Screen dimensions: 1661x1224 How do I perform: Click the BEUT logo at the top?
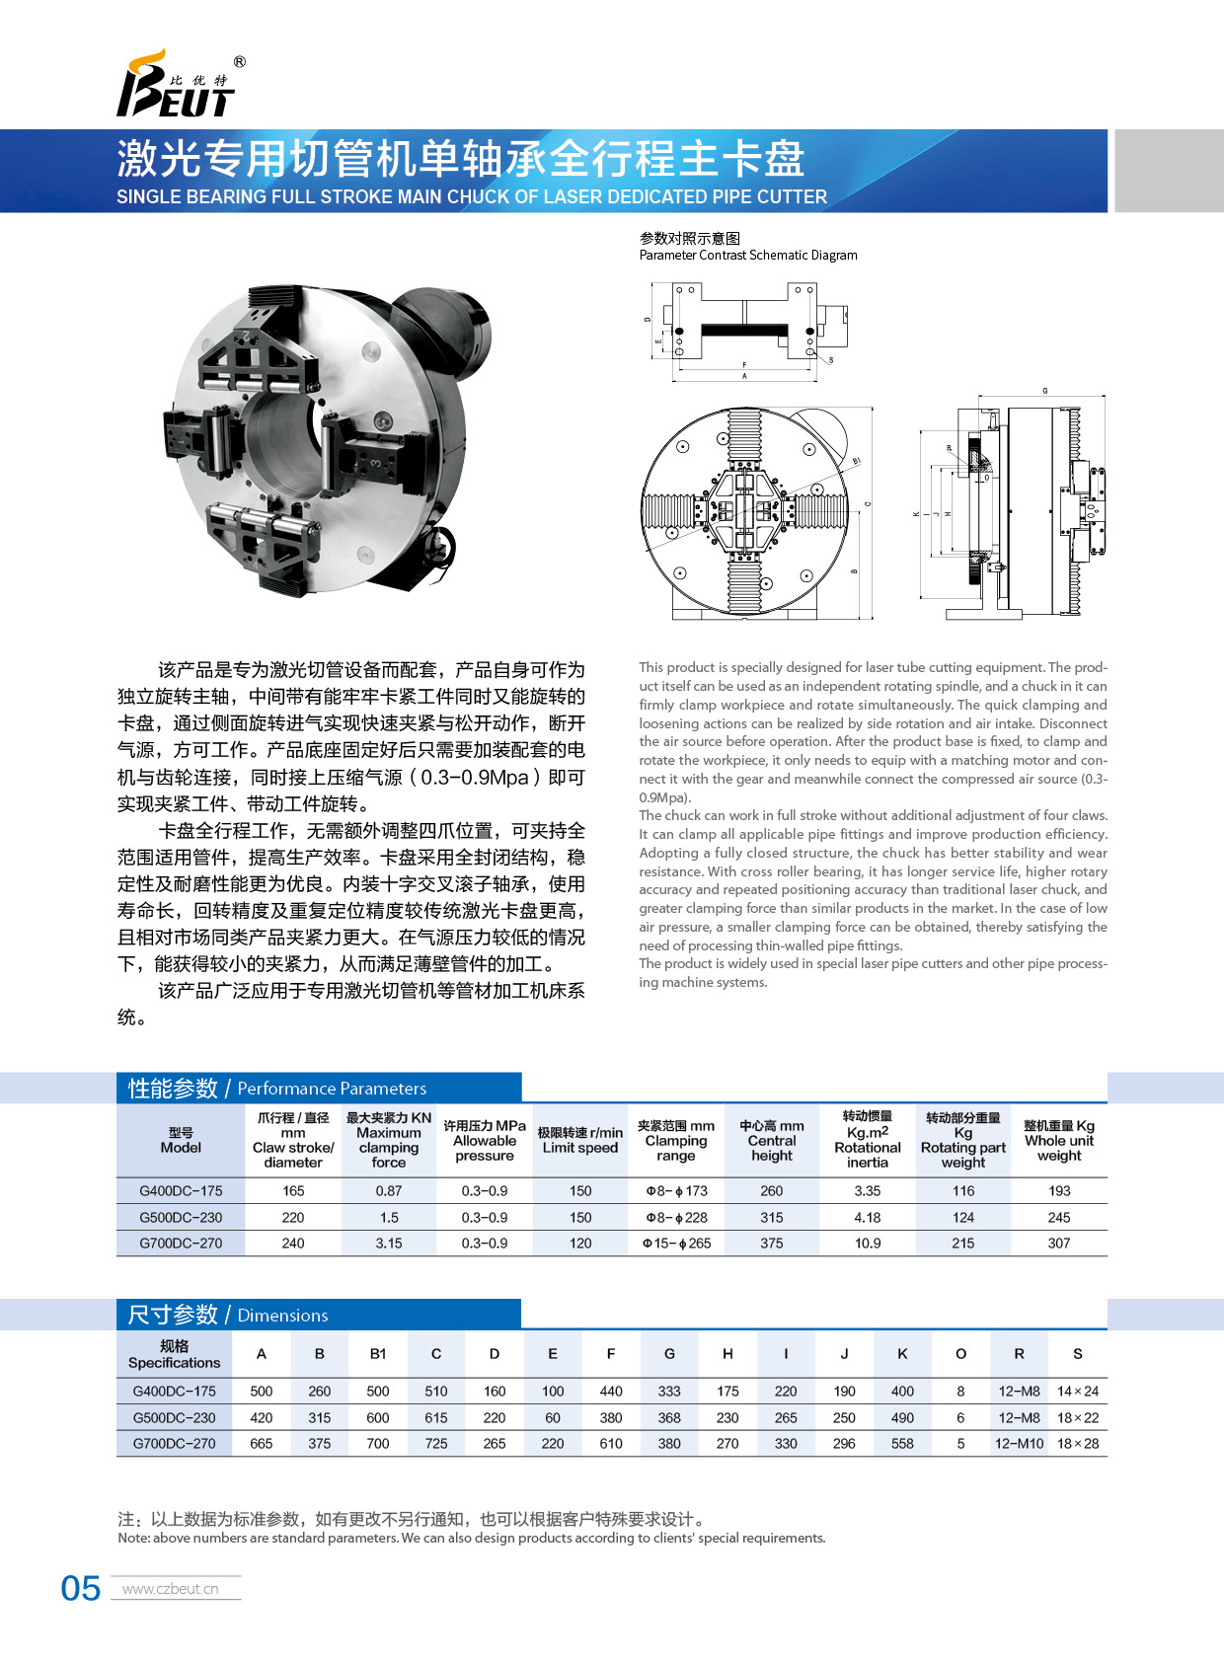pos(178,88)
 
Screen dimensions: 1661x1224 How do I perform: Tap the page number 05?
pos(80,1588)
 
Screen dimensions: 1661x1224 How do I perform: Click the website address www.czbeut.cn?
pos(170,1589)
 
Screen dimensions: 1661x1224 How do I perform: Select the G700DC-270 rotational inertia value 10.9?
pos(868,1244)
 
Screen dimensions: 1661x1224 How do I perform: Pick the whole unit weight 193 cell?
pos(1058,1191)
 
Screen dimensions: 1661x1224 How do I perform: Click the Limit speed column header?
pos(580,1140)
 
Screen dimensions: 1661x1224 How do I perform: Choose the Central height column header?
pos(772,1140)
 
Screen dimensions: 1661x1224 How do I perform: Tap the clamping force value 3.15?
pos(389,1244)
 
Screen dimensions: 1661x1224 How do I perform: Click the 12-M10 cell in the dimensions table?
pos(1019,1443)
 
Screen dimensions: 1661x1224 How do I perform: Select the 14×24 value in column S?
pos(1077,1392)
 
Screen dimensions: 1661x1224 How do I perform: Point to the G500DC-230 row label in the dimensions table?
pos(174,1418)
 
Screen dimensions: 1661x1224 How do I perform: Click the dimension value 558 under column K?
pos(902,1443)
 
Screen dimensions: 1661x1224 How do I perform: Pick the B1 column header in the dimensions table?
pos(378,1354)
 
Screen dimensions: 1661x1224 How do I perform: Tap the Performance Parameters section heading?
pos(277,1089)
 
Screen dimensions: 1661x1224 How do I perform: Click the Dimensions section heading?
pos(228,1315)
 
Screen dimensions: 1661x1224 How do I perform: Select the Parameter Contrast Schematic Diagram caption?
pos(748,255)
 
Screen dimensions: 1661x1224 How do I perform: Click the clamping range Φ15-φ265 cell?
pos(676,1244)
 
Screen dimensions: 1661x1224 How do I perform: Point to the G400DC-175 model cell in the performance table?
pos(181,1191)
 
